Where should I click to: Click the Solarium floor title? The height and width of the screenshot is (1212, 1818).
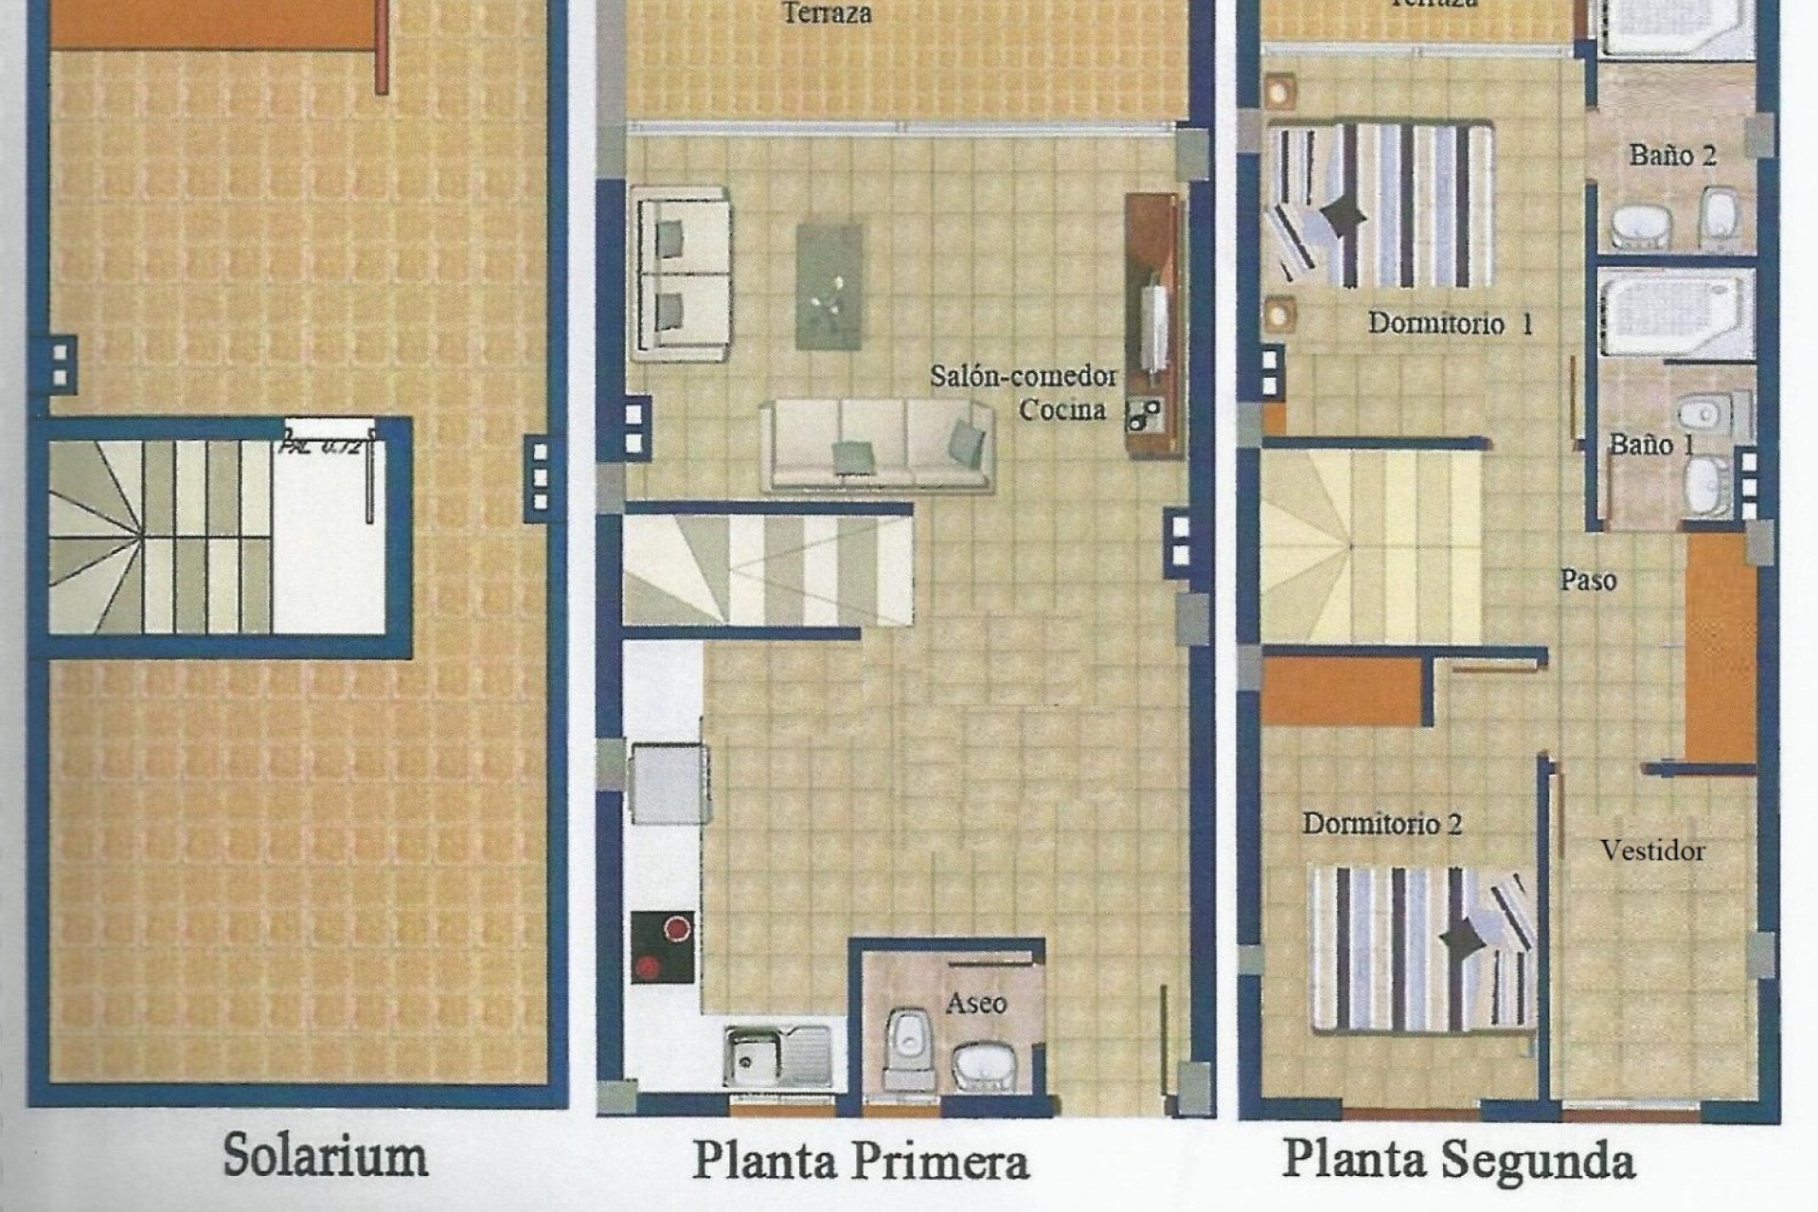(x=325, y=1156)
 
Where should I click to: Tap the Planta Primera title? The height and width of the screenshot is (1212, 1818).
(x=860, y=1161)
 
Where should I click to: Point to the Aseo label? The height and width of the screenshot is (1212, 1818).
(x=975, y=1003)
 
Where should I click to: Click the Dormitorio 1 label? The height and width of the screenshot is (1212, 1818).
(x=1450, y=324)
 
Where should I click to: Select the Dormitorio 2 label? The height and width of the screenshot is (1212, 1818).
(x=1382, y=824)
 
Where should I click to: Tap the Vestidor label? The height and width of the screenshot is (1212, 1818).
(x=1652, y=850)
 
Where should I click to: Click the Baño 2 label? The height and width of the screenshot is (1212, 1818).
(x=1672, y=155)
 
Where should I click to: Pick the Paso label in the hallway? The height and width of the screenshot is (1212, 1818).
(x=1588, y=579)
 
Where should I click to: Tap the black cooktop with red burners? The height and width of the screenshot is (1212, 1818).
(x=663, y=947)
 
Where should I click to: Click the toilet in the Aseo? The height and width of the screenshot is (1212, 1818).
(x=906, y=1046)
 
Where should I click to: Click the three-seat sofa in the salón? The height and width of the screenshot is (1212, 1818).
(x=877, y=443)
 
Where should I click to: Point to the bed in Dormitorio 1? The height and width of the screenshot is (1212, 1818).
(x=1381, y=205)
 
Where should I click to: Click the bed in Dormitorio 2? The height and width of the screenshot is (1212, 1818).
(x=1421, y=947)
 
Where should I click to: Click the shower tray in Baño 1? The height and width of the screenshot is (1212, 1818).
(x=1676, y=313)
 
